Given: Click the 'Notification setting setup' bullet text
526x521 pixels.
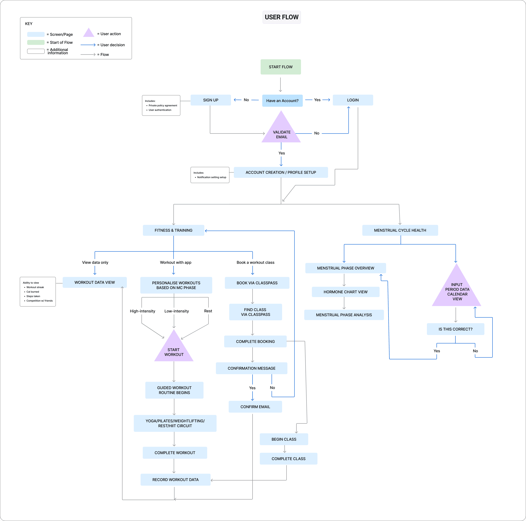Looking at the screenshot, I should tap(212, 177).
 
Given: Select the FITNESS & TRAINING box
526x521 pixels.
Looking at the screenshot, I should tap(173, 230).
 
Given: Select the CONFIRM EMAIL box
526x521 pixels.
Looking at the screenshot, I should tap(255, 407).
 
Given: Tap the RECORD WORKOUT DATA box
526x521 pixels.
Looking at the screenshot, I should tap(175, 480).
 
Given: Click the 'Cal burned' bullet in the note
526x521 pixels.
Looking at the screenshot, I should tap(33, 292).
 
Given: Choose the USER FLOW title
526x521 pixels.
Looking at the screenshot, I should tap(282, 17).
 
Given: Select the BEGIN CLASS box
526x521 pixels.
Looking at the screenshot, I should tap(284, 439).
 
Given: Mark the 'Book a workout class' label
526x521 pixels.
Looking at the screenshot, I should tap(255, 262).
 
